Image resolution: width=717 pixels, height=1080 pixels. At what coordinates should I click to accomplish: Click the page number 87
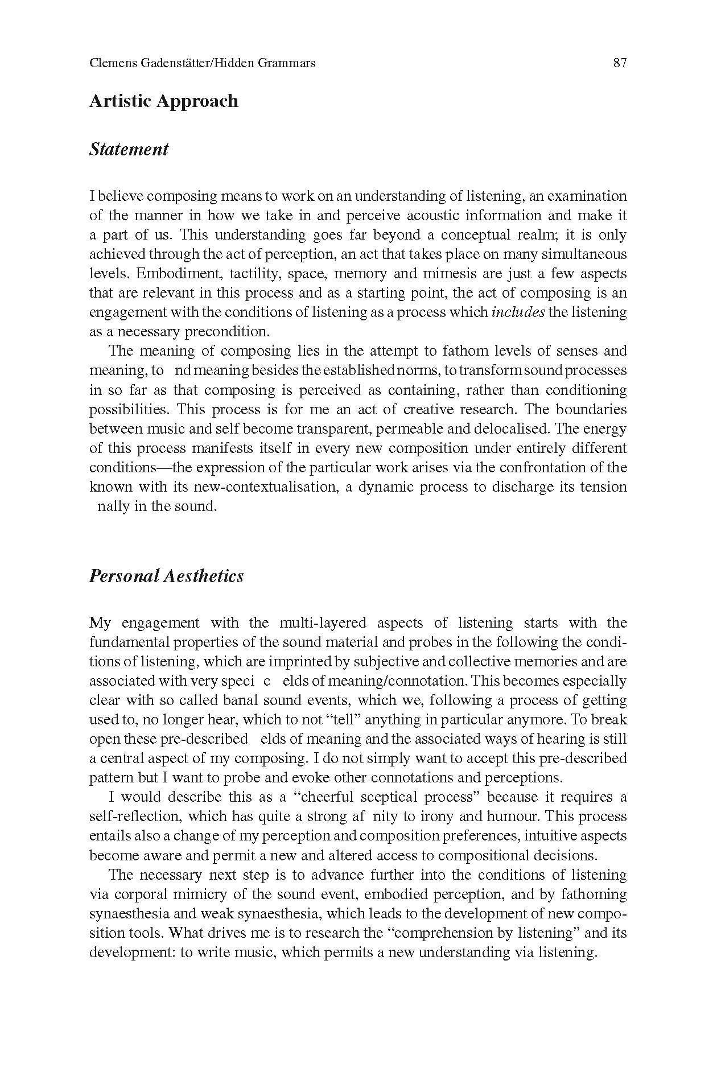620,63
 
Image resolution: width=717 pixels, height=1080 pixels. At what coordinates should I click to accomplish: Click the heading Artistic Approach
164,101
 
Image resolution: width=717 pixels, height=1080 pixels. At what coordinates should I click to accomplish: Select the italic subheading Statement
129,150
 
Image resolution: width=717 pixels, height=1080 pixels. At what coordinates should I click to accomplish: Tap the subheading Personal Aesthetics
166,576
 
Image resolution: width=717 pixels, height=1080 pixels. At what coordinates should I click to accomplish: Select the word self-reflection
135,817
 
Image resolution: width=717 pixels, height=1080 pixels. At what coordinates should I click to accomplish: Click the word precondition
224,332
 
